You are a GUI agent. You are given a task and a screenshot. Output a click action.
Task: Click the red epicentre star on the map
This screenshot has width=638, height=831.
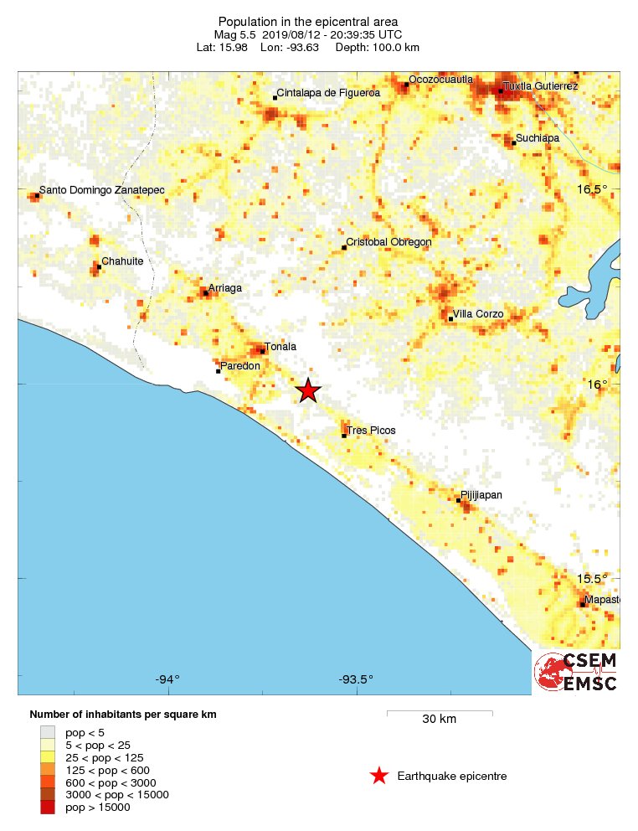pyautogui.click(x=308, y=390)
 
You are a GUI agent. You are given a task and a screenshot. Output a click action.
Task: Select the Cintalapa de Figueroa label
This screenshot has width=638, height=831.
pyautogui.click(x=328, y=93)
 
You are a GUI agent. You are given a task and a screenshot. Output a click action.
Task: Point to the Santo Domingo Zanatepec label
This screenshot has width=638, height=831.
pyautogui.click(x=102, y=190)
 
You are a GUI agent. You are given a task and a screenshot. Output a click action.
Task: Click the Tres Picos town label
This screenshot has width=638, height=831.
pyautogui.click(x=371, y=431)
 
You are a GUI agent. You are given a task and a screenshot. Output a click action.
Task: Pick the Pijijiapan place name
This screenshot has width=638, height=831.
pyautogui.click(x=482, y=495)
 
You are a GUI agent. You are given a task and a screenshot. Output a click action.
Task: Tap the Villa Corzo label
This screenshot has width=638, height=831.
pyautogui.click(x=479, y=314)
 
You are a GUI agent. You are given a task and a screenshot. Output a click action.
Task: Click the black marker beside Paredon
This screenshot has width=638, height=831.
pyautogui.click(x=218, y=370)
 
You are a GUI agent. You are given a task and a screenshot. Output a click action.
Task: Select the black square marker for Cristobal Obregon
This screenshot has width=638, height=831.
pyautogui.click(x=345, y=247)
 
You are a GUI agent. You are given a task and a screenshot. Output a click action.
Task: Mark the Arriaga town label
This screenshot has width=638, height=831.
pyautogui.click(x=224, y=288)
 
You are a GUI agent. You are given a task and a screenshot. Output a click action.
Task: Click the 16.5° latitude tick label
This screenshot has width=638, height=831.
pyautogui.click(x=594, y=189)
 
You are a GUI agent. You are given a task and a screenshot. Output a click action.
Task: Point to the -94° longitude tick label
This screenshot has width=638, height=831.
pyautogui.click(x=167, y=679)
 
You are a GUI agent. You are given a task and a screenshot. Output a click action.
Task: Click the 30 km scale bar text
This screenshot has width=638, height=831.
pyautogui.click(x=439, y=720)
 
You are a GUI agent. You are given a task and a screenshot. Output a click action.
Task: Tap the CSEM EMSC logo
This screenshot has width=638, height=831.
pyautogui.click(x=577, y=673)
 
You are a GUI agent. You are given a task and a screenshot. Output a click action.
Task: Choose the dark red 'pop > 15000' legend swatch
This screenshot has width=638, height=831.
pyautogui.click(x=47, y=808)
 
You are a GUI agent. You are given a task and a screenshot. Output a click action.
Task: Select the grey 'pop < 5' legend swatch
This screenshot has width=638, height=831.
pyautogui.click(x=47, y=731)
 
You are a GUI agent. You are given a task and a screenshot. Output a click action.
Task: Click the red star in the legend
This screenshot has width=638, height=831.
pyautogui.click(x=378, y=776)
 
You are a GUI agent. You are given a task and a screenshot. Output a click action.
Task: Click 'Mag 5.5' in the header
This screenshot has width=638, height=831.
pyautogui.click(x=234, y=34)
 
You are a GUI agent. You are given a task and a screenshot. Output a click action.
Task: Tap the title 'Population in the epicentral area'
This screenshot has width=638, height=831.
pyautogui.click(x=307, y=21)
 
